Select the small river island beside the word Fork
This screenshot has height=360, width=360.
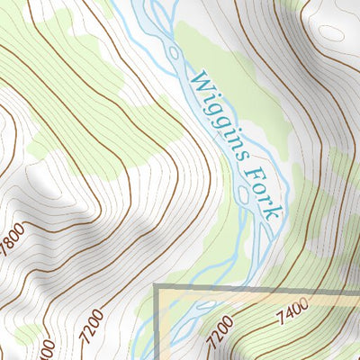[x=243, y=193]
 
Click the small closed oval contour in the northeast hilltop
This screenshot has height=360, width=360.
[x=331, y=33]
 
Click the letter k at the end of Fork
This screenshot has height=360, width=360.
[x=275, y=213]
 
